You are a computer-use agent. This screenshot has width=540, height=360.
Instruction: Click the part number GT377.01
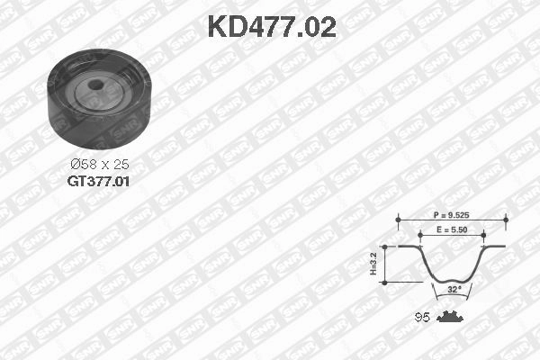[x=99, y=181]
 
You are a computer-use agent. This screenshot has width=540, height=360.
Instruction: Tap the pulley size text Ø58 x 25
[x=99, y=165]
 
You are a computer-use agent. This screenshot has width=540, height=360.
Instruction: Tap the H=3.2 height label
[x=373, y=263]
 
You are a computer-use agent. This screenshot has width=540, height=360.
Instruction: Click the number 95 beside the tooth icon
[x=420, y=317]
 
